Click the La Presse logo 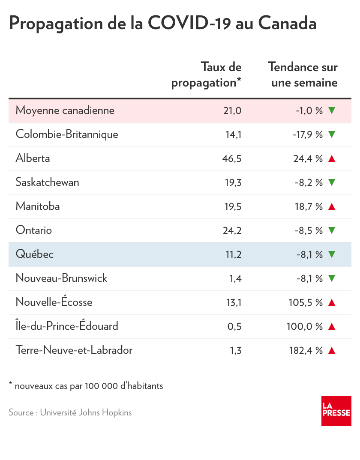tap(336, 410)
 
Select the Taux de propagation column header tap(207, 75)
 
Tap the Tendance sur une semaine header tap(303, 75)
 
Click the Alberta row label tap(33, 158)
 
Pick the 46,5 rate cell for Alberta tap(233, 158)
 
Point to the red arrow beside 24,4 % tap(331, 158)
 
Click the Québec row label tap(34, 254)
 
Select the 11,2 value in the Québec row tap(234, 254)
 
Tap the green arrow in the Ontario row tap(331, 230)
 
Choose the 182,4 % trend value tap(306, 350)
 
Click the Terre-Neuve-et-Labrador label tap(74, 350)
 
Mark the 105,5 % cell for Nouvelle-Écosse tap(306, 302)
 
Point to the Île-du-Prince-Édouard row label tap(67, 326)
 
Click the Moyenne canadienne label tap(65, 111)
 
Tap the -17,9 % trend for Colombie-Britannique tap(307, 134)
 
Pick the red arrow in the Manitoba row tap(331, 206)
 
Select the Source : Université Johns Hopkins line tap(70, 413)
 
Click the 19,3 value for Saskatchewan tap(234, 182)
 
